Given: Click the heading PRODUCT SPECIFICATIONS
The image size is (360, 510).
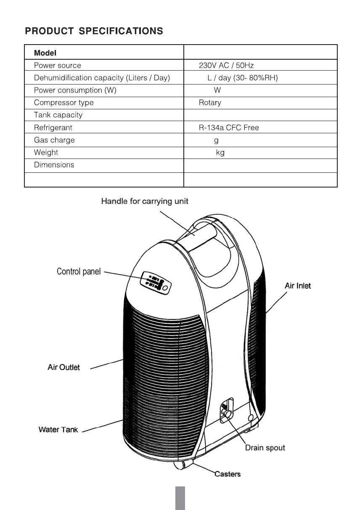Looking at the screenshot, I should (94, 31).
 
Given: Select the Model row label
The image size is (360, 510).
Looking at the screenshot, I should (45, 53).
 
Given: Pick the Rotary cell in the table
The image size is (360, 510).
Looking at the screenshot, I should (210, 103).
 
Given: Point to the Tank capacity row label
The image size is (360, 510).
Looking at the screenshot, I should (58, 115).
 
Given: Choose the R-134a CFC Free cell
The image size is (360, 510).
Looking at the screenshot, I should (229, 127).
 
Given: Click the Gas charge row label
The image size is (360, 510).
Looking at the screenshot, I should (54, 140).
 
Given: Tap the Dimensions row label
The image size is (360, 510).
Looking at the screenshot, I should (54, 165).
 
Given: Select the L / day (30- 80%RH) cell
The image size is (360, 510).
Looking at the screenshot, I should (243, 78).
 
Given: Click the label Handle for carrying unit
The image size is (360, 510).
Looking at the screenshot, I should (145, 201).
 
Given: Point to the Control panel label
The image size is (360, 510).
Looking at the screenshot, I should (79, 272).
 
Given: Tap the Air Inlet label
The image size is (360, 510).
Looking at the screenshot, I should (298, 286).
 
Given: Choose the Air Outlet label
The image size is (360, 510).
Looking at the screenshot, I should (64, 367).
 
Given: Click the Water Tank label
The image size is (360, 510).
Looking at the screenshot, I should (58, 430).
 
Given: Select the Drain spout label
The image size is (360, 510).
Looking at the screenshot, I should (265, 448).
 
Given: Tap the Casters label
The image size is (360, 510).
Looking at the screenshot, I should (228, 474).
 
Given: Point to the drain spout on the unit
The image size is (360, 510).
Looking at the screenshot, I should (227, 414).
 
